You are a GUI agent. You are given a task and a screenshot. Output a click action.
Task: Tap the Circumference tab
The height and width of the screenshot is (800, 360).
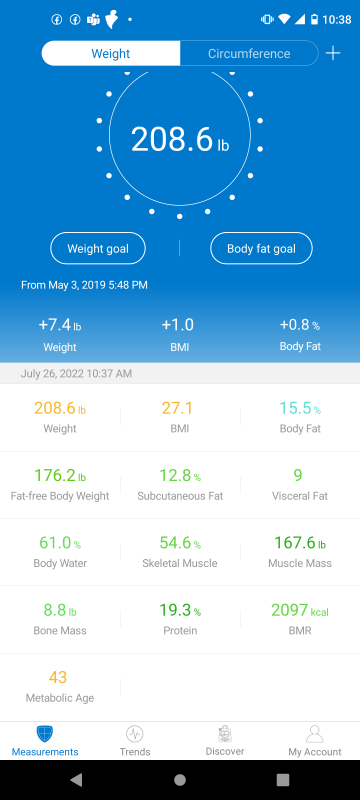(x=249, y=54)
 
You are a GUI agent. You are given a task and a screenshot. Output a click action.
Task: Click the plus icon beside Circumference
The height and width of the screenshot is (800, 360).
(x=333, y=53)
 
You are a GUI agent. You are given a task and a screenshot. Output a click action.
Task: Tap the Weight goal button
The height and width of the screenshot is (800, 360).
(x=98, y=248)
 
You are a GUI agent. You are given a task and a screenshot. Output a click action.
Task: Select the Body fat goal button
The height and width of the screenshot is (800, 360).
(x=261, y=248)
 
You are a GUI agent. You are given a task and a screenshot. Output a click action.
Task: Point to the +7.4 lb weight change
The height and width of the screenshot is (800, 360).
(x=60, y=325)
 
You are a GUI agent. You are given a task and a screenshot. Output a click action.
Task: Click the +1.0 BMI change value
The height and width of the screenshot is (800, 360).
(x=177, y=325)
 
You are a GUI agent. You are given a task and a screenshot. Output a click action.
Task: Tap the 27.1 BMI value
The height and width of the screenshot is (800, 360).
(x=177, y=408)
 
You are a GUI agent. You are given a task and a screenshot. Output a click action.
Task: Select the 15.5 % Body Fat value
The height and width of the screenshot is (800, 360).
(x=300, y=408)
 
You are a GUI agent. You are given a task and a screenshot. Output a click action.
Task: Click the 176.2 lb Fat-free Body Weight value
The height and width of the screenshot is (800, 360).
(x=60, y=476)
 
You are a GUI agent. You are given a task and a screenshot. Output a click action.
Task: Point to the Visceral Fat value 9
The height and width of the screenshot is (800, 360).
(x=298, y=476)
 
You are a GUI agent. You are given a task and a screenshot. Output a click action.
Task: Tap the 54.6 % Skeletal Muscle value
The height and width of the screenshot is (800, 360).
(x=180, y=543)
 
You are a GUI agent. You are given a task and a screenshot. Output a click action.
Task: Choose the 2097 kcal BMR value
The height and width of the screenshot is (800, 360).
(x=300, y=610)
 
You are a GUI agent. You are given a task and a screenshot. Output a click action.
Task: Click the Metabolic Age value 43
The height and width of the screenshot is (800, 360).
(x=58, y=678)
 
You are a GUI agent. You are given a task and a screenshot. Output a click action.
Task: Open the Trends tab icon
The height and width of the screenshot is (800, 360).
(x=135, y=734)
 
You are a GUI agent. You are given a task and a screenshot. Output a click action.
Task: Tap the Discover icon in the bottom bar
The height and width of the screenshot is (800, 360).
(x=225, y=734)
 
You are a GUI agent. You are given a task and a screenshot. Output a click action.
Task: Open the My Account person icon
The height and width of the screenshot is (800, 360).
(x=315, y=734)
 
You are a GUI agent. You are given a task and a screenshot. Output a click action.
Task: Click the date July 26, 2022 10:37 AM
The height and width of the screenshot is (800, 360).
(x=76, y=373)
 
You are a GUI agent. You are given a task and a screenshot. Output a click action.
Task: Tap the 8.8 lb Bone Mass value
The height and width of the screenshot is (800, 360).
(x=60, y=610)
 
